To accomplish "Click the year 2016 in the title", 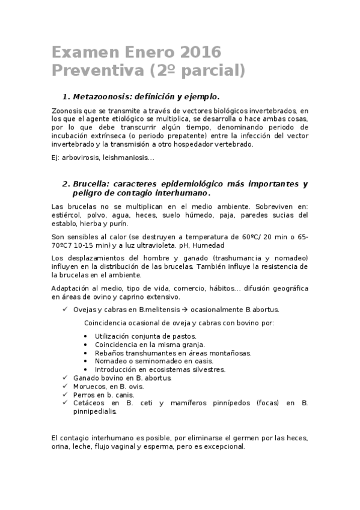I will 200,51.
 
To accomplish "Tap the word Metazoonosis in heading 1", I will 103,96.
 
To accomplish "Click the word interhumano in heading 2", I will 180,194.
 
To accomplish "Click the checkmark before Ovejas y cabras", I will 65,309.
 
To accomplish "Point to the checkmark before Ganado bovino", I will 65,378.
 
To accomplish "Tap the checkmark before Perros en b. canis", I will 65,395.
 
